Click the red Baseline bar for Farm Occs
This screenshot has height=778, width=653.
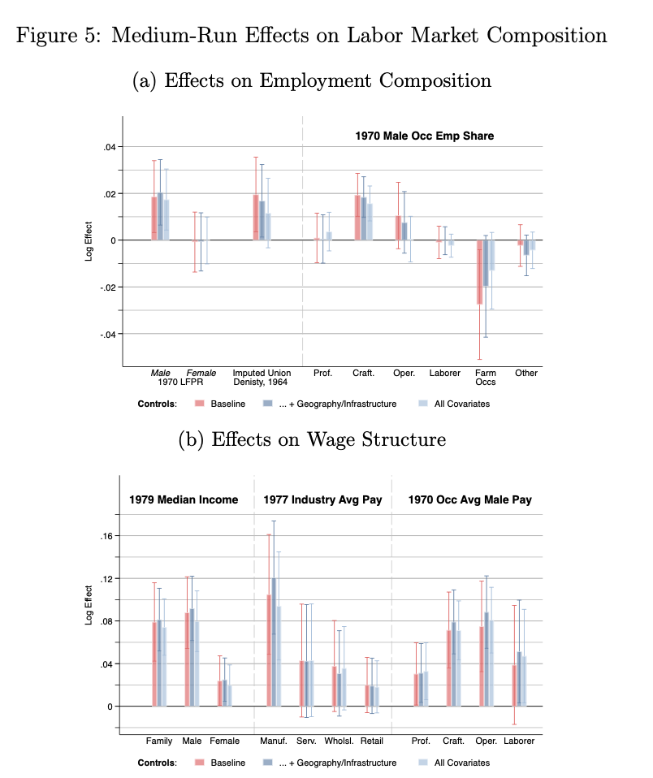click(480, 272)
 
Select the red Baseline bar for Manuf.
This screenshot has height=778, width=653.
click(269, 650)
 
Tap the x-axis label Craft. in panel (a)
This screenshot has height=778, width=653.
click(363, 374)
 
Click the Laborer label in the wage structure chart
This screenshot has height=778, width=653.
click(519, 741)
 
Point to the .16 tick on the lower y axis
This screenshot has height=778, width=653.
click(107, 536)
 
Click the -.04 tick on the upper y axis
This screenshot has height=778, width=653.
click(107, 335)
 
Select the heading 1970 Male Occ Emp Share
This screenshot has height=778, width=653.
click(424, 136)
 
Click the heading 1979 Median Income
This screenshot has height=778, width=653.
click(184, 499)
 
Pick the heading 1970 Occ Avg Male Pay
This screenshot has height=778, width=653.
click(470, 499)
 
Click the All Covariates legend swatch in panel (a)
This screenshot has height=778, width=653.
click(423, 404)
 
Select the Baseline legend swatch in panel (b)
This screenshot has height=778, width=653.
click(198, 763)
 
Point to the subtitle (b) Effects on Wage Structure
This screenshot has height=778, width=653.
click(312, 439)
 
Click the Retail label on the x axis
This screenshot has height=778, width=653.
click(371, 741)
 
